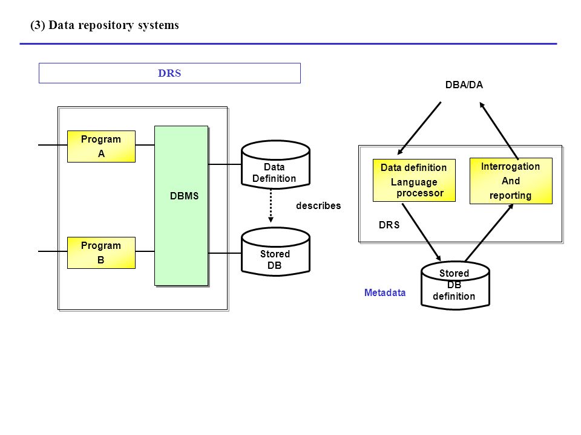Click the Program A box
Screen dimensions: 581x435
tap(101, 146)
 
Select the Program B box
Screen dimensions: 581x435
tap(101, 253)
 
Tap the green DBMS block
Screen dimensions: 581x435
tap(181, 205)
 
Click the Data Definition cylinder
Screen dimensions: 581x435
tap(275, 164)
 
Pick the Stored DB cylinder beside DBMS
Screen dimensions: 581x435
tap(275, 251)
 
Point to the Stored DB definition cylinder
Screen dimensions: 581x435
tap(455, 285)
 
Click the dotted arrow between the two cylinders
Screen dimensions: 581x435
tap(271, 205)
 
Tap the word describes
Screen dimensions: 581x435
tap(318, 205)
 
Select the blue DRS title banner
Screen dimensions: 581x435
tap(169, 73)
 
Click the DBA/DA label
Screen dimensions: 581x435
tap(464, 85)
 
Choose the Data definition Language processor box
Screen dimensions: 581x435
tap(414, 181)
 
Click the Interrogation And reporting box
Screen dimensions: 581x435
tap(511, 181)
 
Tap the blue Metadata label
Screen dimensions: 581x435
tap(385, 292)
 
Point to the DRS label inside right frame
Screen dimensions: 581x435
tap(389, 225)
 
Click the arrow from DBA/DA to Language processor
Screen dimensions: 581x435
tap(419, 128)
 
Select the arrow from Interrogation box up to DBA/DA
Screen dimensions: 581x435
tap(499, 130)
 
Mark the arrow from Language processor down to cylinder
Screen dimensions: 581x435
tap(422, 232)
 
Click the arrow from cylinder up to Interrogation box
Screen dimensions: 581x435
tap(490, 232)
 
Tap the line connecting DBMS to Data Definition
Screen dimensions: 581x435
tap(225, 164)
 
